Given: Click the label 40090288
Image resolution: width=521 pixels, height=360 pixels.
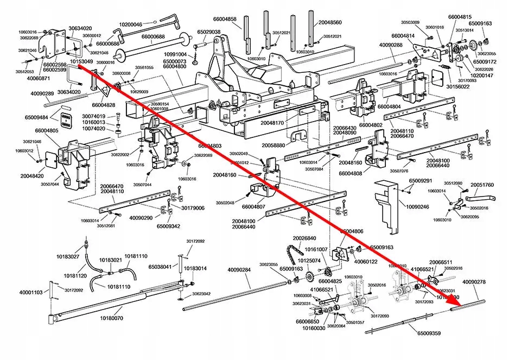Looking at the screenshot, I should (x=391, y=45).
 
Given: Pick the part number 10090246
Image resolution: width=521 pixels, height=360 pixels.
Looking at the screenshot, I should (x=417, y=207).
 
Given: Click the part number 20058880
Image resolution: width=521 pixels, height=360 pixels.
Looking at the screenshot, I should (x=272, y=146).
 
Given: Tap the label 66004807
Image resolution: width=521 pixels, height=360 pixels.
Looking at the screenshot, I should (x=253, y=207).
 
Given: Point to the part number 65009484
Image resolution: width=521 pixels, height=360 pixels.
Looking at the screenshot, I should (x=36, y=117).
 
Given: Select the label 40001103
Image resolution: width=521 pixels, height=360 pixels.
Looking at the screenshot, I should (x=31, y=293).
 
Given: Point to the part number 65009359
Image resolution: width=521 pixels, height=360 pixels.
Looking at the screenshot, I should (x=429, y=333).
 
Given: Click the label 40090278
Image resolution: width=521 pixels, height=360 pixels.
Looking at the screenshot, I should (x=474, y=282).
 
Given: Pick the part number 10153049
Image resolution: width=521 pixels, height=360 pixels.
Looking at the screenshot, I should (x=82, y=62).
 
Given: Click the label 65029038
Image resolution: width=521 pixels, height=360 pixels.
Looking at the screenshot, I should (x=208, y=32).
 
